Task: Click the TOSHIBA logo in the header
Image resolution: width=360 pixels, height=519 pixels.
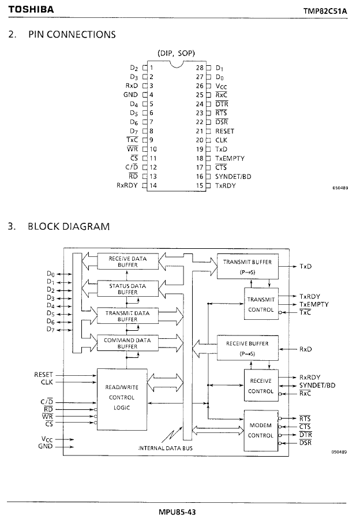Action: click(x=31, y=10)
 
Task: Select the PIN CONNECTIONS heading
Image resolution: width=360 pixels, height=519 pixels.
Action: click(x=72, y=34)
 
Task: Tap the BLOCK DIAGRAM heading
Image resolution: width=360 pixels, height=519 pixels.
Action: click(x=68, y=226)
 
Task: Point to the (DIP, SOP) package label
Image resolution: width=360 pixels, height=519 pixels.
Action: click(x=176, y=53)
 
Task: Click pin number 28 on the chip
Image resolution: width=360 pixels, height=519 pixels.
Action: click(x=200, y=67)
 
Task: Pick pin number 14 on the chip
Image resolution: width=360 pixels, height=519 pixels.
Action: click(x=153, y=185)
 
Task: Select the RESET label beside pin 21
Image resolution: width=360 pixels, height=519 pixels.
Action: click(x=225, y=131)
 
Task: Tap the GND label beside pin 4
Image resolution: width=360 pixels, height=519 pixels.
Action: click(x=130, y=95)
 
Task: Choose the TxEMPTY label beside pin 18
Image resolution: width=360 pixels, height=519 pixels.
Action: click(x=230, y=158)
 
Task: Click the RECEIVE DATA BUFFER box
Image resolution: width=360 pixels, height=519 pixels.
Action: click(x=127, y=262)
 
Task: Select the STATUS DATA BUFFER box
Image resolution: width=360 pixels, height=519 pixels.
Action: click(x=127, y=289)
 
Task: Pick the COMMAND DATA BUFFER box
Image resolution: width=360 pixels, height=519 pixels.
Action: click(x=127, y=343)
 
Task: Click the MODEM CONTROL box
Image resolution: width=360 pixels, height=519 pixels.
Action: click(x=260, y=430)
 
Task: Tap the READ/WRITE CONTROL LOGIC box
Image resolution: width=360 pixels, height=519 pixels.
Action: click(x=122, y=397)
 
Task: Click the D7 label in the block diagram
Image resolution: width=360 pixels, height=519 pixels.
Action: click(x=51, y=330)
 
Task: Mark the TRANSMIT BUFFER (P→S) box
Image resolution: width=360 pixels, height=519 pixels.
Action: click(x=247, y=266)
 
